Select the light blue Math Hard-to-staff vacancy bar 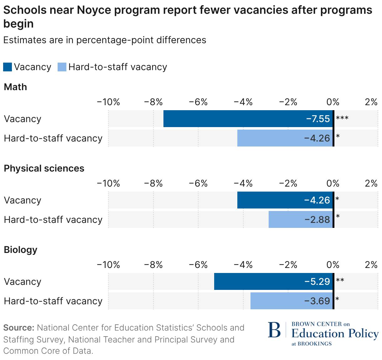tap(269, 138)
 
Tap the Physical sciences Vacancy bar tap(269, 200)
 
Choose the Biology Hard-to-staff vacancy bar tap(276, 301)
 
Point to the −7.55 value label tap(318, 119)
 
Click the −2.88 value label tap(317, 220)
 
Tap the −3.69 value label tap(317, 301)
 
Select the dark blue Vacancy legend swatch tap(8, 67)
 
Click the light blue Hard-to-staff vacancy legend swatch tap(62, 67)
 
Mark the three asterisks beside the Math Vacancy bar tap(342, 118)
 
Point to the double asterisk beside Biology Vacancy tap(340, 280)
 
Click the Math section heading tap(15, 87)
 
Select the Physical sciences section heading tap(44, 168)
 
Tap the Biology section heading tap(20, 249)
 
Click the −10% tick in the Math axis tap(108, 102)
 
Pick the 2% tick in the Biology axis tap(371, 265)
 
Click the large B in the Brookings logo tap(274, 330)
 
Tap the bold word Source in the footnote tap(18, 328)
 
